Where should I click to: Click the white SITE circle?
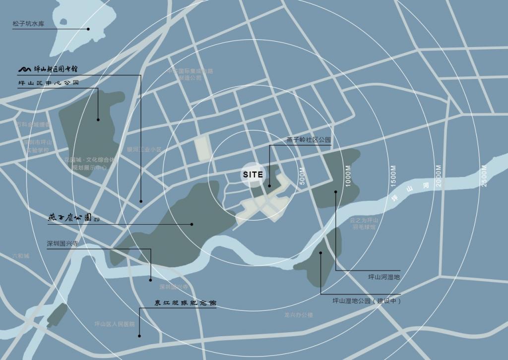tap(253, 175)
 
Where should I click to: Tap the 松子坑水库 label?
tap(29, 24)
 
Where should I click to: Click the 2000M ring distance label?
tap(439, 176)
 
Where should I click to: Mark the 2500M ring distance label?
tap(484, 176)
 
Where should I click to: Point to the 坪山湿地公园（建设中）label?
tap(367, 301)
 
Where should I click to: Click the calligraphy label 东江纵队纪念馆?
tap(185, 302)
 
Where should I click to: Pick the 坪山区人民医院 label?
tap(115, 324)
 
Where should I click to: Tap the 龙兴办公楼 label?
tap(299, 314)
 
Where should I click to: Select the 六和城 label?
tap(21, 256)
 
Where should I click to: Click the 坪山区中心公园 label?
tap(49, 83)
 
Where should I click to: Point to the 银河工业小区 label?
tap(144, 149)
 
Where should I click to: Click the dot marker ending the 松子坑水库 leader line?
tap(88, 29)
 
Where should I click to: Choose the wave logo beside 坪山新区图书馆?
tap(25, 69)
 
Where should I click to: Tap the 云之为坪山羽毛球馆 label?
tap(364, 224)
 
